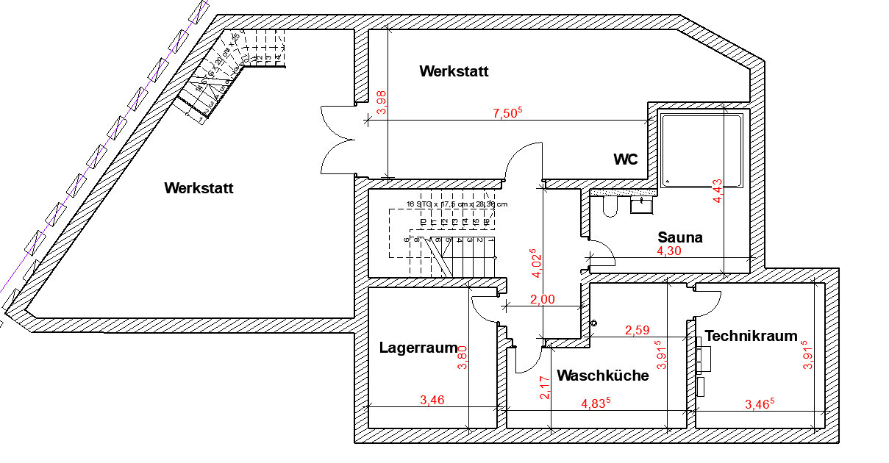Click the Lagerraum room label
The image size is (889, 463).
(418, 348)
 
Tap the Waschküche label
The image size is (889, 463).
(603, 376)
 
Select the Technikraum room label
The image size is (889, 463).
(751, 336)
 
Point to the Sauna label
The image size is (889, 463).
(680, 237)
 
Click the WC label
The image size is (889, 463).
(626, 159)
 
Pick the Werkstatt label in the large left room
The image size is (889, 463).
(199, 188)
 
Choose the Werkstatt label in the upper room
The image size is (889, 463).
(454, 71)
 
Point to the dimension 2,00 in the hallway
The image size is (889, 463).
(543, 299)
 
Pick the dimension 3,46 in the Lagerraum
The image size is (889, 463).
(432, 401)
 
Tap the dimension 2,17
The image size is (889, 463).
(545, 387)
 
